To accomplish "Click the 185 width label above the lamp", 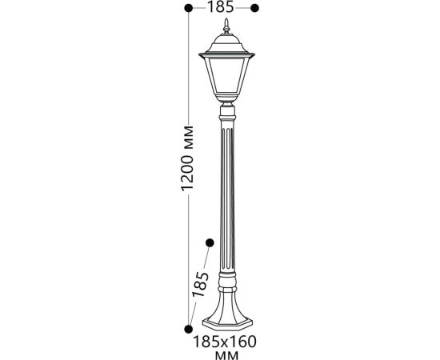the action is [x=220, y=7].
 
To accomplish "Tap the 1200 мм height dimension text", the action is [x=187, y=159].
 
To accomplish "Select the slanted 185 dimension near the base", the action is [x=200, y=284].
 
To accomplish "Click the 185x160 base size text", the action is [x=225, y=342].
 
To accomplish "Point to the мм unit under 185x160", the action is [x=226, y=355].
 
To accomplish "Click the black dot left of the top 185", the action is [x=189, y=8].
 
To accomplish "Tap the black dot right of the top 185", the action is [x=254, y=8].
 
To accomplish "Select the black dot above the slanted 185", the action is [x=210, y=242].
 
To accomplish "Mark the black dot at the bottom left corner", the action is [x=189, y=329].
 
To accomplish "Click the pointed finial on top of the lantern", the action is [x=226, y=26].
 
